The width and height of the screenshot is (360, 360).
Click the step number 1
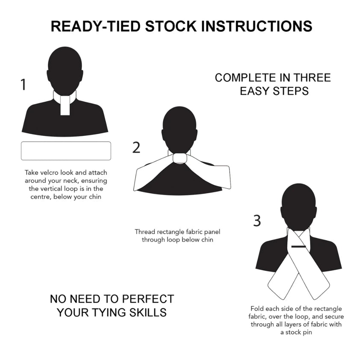24,85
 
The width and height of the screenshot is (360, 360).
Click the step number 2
136,148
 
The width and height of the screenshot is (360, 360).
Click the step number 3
257,221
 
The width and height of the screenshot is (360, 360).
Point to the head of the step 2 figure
180,128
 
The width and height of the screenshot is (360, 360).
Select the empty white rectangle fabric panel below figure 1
66,151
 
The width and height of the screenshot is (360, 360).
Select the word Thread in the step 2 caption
145,232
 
